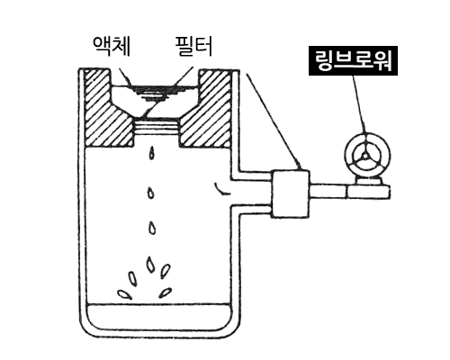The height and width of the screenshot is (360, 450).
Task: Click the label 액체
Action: [112, 46]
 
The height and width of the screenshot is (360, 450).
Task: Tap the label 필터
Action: [193, 46]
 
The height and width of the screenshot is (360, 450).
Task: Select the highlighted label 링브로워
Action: [353, 60]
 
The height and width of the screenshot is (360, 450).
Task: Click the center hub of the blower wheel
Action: [364, 156]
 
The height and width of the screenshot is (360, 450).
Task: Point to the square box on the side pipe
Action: [291, 193]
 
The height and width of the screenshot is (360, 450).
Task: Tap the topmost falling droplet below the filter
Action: [152, 153]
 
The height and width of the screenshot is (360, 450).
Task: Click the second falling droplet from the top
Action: [151, 193]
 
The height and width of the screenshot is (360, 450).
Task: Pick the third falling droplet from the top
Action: [152, 228]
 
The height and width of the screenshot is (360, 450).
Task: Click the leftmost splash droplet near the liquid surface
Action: [124, 294]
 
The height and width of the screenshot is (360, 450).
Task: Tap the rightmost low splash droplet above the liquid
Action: [166, 292]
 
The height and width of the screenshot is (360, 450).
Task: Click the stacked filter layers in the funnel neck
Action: [157, 127]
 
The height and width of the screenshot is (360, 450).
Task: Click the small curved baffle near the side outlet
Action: [221, 188]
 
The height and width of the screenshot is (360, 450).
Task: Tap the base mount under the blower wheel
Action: [368, 182]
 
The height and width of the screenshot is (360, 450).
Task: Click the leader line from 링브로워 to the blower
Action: [359, 103]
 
